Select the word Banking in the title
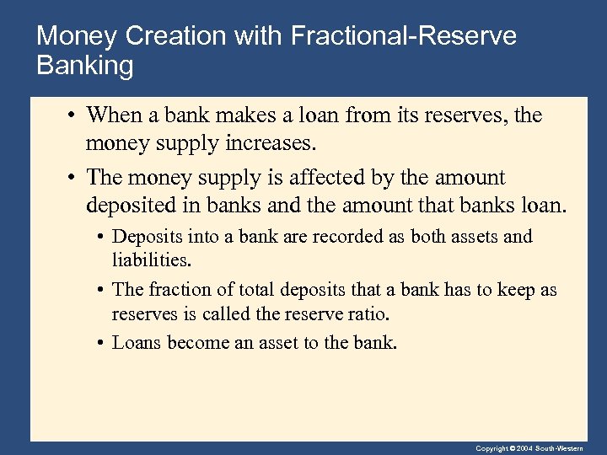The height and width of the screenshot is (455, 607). point(85,66)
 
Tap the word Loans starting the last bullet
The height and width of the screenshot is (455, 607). point(137,343)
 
